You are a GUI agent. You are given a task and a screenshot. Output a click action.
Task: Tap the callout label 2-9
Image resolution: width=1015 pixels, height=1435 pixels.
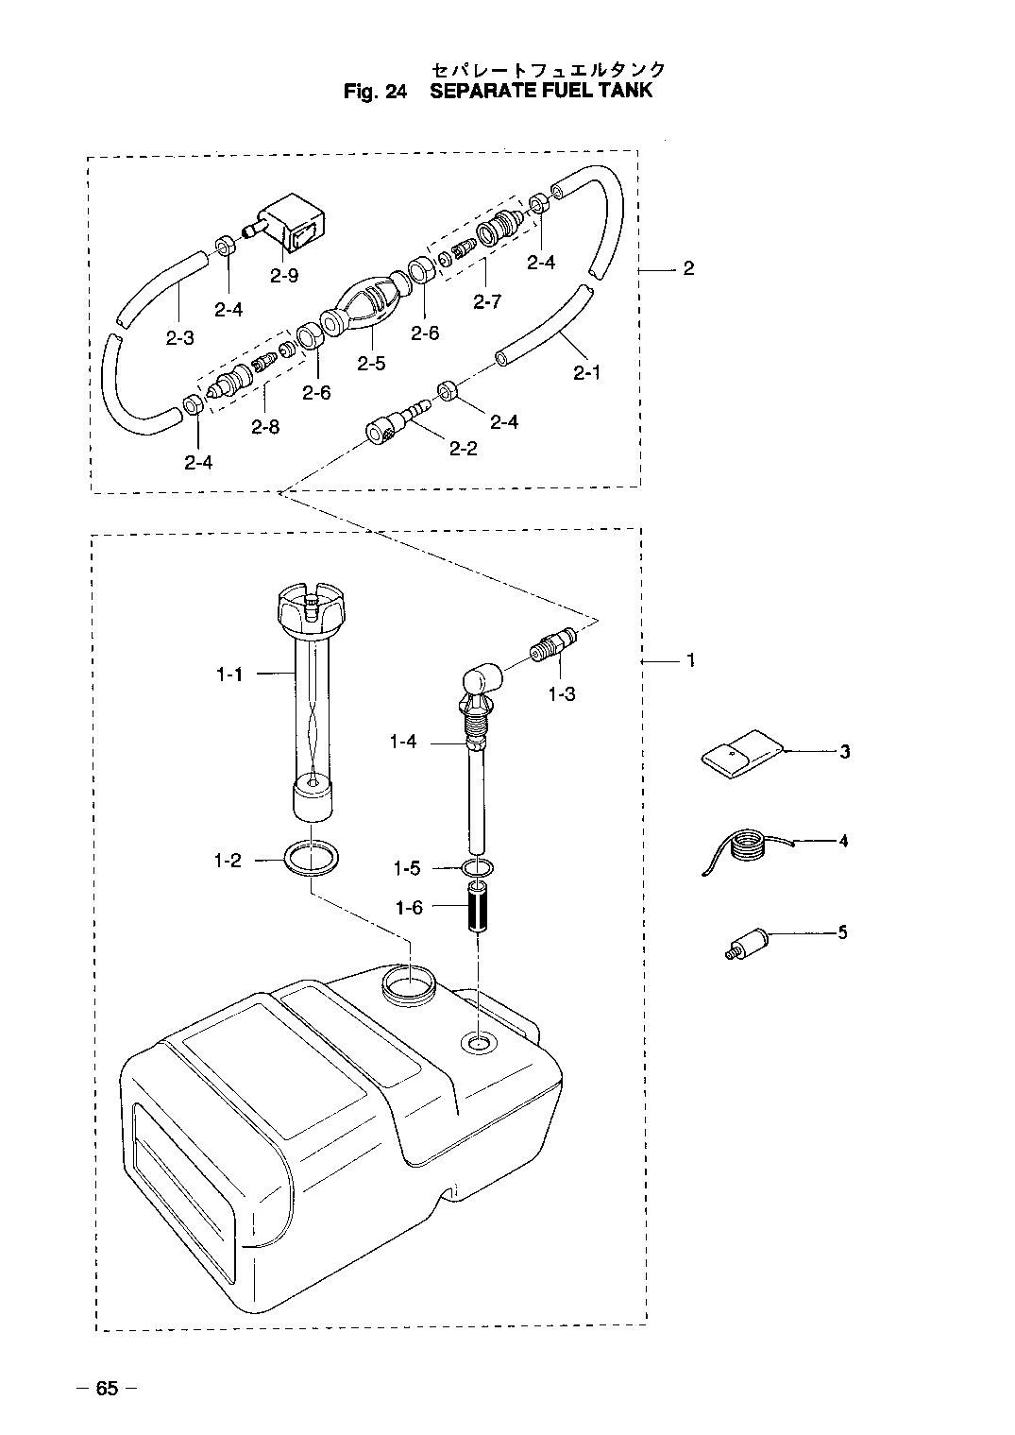point(283,276)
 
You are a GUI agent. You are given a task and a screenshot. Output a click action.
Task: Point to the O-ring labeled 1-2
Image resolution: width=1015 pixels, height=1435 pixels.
point(311,860)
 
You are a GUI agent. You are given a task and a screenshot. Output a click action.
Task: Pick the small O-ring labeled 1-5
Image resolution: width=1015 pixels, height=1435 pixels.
point(477,867)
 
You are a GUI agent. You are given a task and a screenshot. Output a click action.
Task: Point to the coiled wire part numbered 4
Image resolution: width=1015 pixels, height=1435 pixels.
point(746,842)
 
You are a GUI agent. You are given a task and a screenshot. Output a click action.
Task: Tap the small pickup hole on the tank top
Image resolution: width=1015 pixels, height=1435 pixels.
point(477,1043)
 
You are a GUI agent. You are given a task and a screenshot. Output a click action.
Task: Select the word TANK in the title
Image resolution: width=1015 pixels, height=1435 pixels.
point(625,92)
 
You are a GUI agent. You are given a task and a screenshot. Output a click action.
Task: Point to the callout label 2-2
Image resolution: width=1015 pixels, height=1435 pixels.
point(463,448)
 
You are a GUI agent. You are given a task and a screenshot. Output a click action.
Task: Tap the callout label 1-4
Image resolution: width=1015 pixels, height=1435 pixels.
point(402,743)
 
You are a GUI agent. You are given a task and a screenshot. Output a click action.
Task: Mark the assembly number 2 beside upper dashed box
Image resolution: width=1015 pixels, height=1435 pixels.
point(688,268)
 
